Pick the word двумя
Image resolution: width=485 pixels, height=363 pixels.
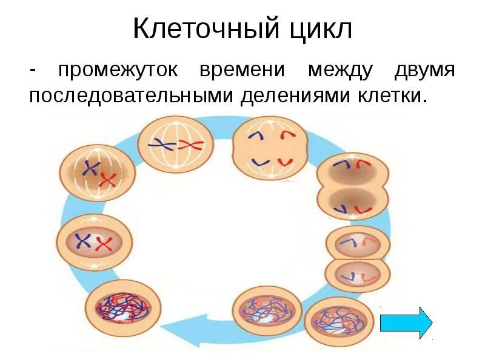coord(424,70)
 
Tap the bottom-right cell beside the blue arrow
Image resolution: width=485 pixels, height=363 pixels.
coord(338,321)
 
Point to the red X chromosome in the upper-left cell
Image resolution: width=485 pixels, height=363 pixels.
coord(108,180)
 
